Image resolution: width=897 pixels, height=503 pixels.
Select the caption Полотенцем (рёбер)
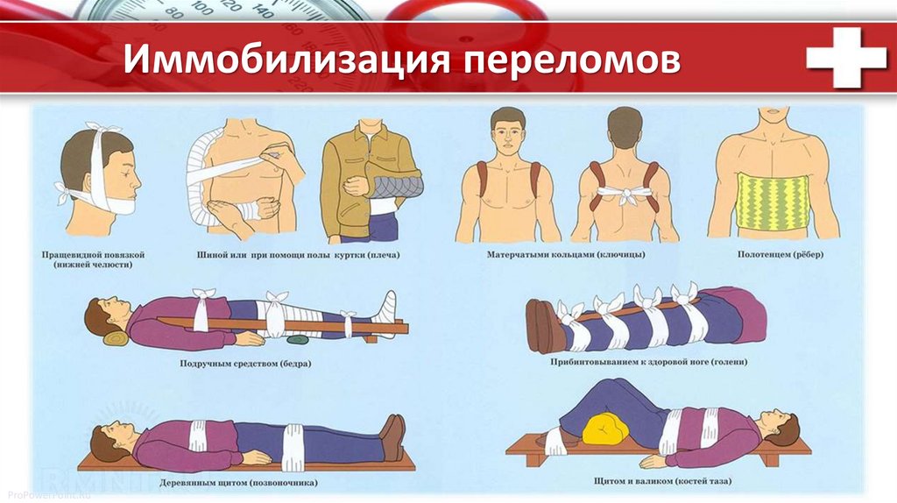click(780, 255)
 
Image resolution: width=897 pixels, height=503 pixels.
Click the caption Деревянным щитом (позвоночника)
click(238, 482)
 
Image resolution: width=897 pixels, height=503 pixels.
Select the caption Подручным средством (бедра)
click(245, 363)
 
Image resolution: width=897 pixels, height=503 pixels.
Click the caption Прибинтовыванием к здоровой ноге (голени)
click(649, 362)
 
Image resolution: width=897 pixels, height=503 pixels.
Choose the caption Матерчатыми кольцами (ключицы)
click(566, 255)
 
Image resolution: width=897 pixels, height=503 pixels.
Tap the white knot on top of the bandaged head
click(104, 127)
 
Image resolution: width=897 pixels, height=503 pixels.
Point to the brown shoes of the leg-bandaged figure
click(546, 325)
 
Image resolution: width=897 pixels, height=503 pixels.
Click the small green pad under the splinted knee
click(298, 339)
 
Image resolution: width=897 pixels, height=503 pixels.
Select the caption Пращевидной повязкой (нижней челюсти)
click(93, 259)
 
